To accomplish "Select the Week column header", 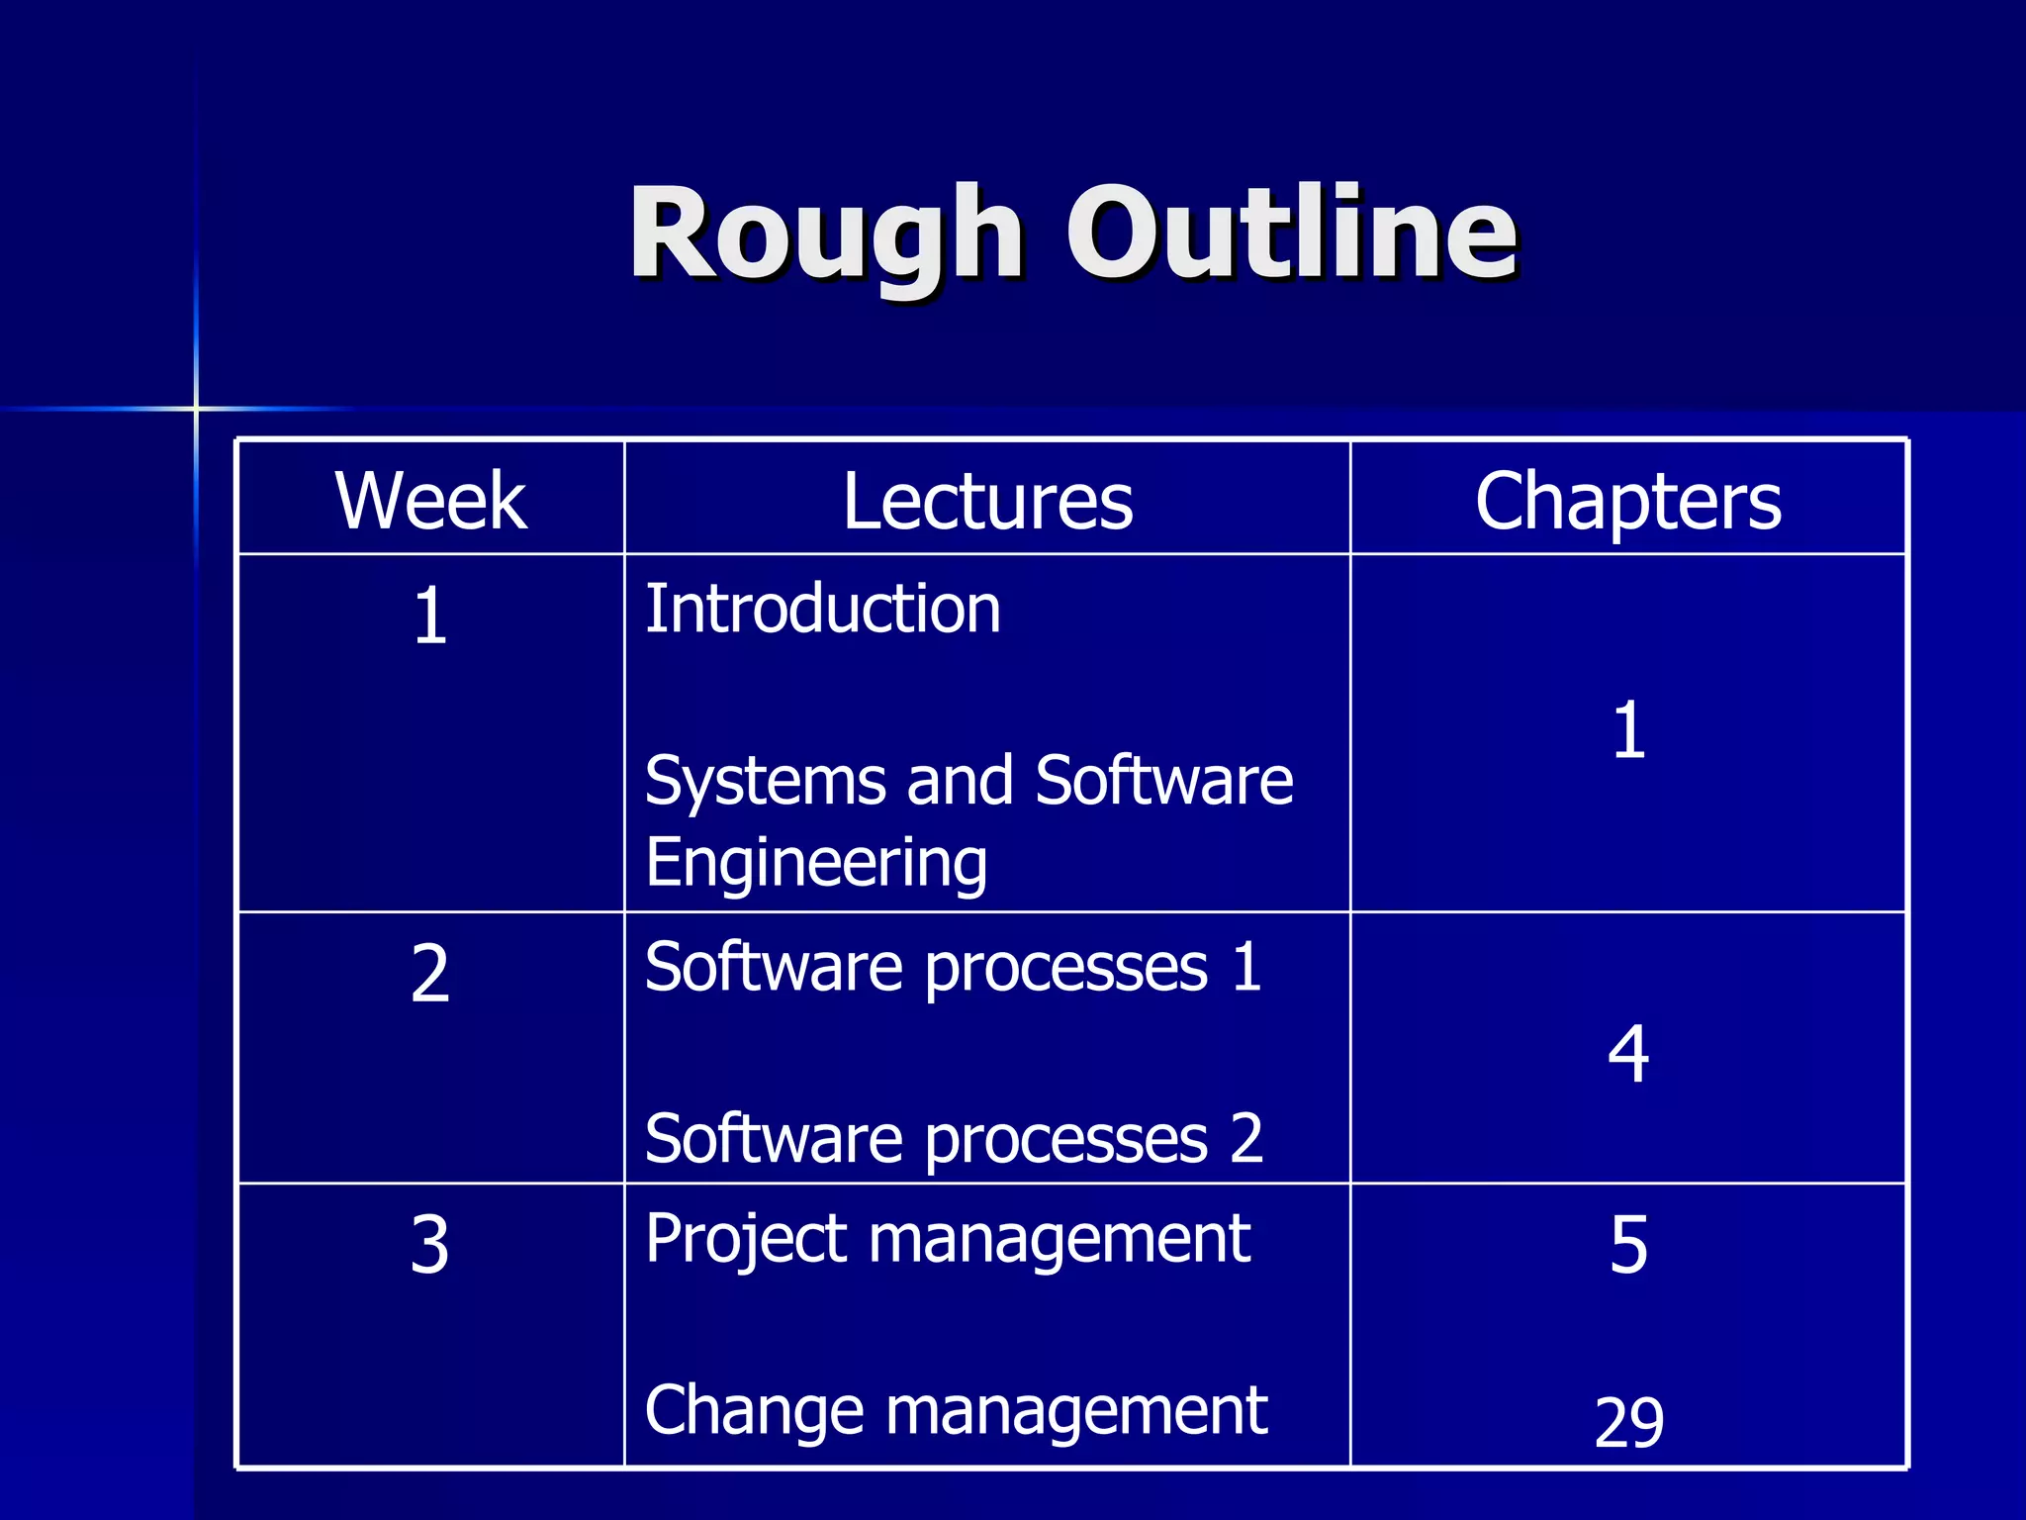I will pos(430,501).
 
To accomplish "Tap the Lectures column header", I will pos(987,501).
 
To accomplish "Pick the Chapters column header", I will pos(1627,501).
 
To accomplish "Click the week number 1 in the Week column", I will pos(430,617).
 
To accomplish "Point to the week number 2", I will pos(430,975).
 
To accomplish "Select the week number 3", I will pos(430,1245).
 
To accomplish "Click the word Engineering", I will pos(816,863).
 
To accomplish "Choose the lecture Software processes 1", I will pos(953,967).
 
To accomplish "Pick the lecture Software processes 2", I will pos(953,1138).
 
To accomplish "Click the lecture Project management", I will pos(948,1239).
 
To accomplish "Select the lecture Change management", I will pos(956,1410).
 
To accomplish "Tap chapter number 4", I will pos(1628,1054).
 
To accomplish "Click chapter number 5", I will pos(1628,1245).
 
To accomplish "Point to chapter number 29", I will pos(1628,1422).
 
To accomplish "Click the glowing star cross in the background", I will pos(196,408).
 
